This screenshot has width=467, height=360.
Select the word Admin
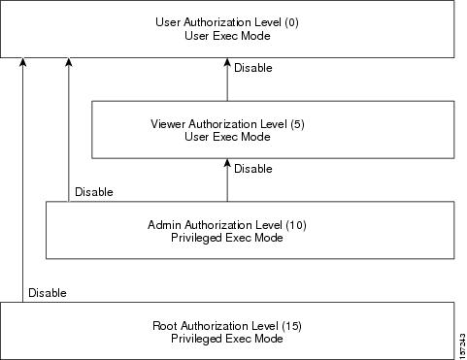(166, 225)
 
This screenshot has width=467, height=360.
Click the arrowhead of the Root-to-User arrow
(24, 63)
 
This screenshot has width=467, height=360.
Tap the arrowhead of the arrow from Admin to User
(69, 63)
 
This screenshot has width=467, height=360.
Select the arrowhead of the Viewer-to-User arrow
(227, 63)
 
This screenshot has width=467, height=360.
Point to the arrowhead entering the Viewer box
(227, 164)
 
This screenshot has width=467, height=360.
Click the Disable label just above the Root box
(48, 292)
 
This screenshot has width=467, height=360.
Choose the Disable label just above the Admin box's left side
(94, 192)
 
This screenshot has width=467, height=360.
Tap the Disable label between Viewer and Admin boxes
(252, 169)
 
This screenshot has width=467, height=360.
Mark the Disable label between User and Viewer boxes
(252, 68)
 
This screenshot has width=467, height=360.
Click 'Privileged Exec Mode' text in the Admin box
(227, 238)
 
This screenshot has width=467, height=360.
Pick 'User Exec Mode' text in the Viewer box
(227, 137)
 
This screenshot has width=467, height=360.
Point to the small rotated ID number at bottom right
(459, 344)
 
